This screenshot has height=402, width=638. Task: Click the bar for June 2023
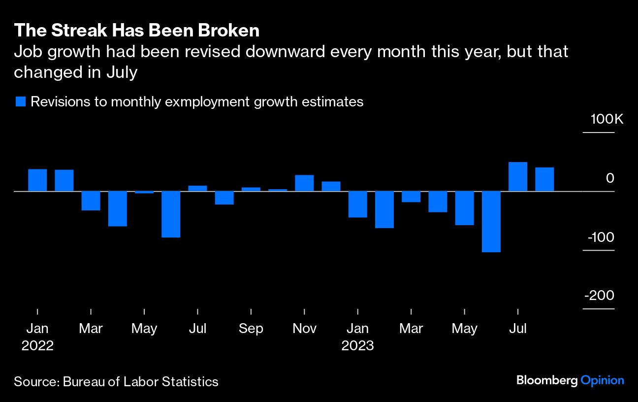coord(491,221)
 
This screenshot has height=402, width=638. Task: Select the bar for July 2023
coord(517,176)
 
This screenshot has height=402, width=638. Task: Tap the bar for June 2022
coord(171,214)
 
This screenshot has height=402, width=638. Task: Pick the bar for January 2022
coord(37,180)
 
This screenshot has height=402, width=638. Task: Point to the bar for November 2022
coord(304,183)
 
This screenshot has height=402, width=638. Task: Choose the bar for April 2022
coord(118,208)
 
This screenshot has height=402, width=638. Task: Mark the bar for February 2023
coord(384,209)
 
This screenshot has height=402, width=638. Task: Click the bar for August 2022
coord(224,198)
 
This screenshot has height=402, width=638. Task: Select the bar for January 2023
coord(357,204)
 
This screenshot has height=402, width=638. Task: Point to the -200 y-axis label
coord(599,295)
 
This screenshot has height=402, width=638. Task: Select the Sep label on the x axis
coord(251,329)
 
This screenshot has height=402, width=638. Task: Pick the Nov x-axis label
coord(304,329)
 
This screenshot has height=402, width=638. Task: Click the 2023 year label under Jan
coord(358,345)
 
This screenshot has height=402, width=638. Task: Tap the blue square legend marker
coord(20,102)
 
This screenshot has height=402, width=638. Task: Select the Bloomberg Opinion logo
coord(570,380)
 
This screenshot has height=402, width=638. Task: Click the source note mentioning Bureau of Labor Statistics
coord(116,381)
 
